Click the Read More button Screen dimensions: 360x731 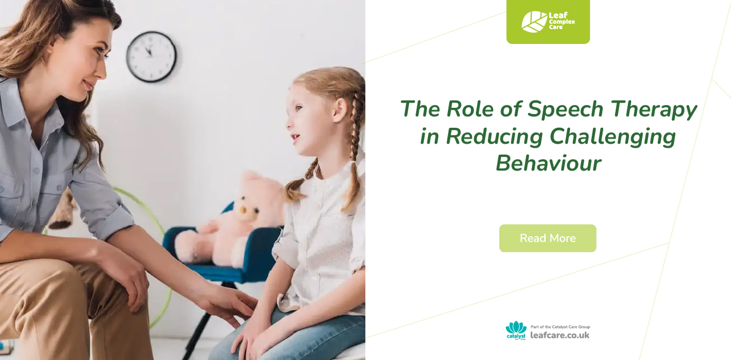[x=547, y=238]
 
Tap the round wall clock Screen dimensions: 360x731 [x=151, y=56]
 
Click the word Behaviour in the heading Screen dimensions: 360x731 [x=548, y=163]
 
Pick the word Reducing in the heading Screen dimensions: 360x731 [x=494, y=136]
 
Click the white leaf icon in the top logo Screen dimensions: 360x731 [x=534, y=22]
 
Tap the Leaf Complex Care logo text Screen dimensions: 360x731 [x=562, y=22]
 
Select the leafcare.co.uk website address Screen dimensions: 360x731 [x=560, y=335]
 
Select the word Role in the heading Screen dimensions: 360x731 [x=465, y=108]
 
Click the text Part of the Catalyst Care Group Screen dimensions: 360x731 [x=560, y=327]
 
